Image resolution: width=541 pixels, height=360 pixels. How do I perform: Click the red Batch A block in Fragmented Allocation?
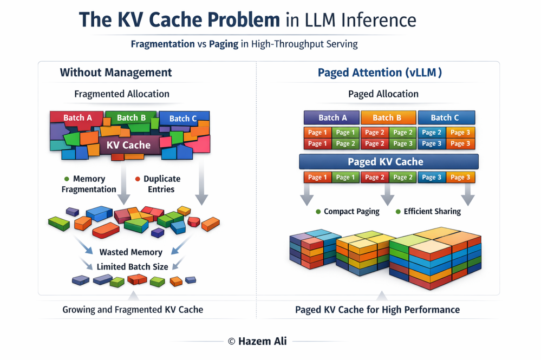click(77, 117)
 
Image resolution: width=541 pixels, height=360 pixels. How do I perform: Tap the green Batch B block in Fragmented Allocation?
click(131, 117)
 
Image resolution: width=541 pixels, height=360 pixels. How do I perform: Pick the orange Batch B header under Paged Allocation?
click(387, 117)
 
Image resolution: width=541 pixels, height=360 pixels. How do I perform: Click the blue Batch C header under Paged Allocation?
click(445, 117)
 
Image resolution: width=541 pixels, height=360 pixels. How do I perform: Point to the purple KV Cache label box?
click(128, 145)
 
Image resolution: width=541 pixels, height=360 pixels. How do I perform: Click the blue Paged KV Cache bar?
click(388, 162)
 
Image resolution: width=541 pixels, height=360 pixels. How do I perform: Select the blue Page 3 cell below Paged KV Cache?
click(432, 177)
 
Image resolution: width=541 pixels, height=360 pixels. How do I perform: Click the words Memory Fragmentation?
click(89, 184)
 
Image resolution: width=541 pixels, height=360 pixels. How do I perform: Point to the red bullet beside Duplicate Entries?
click(138, 179)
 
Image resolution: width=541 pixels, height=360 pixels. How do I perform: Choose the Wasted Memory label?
click(131, 252)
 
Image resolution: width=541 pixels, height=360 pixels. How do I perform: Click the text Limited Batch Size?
click(132, 267)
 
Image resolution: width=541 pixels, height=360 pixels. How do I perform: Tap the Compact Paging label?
click(351, 212)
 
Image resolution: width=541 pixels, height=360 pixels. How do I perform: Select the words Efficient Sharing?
click(432, 212)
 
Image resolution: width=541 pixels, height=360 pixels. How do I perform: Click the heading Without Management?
click(115, 73)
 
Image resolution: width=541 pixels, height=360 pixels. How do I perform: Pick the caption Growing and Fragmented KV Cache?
click(133, 310)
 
